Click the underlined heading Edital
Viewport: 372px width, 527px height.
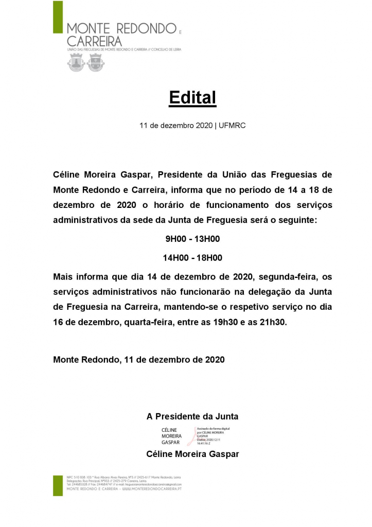192,98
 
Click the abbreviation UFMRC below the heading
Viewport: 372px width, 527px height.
232,126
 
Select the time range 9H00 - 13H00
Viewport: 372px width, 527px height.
192,239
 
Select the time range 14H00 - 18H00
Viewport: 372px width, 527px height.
192,258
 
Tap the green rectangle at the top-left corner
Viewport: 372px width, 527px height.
58,16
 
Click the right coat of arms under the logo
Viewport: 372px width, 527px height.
94,63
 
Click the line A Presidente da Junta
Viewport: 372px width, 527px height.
192,416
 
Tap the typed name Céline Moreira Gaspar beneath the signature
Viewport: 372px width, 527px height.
192,454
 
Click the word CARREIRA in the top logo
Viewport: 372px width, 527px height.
95,41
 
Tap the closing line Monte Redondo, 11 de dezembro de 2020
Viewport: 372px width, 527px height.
139,360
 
